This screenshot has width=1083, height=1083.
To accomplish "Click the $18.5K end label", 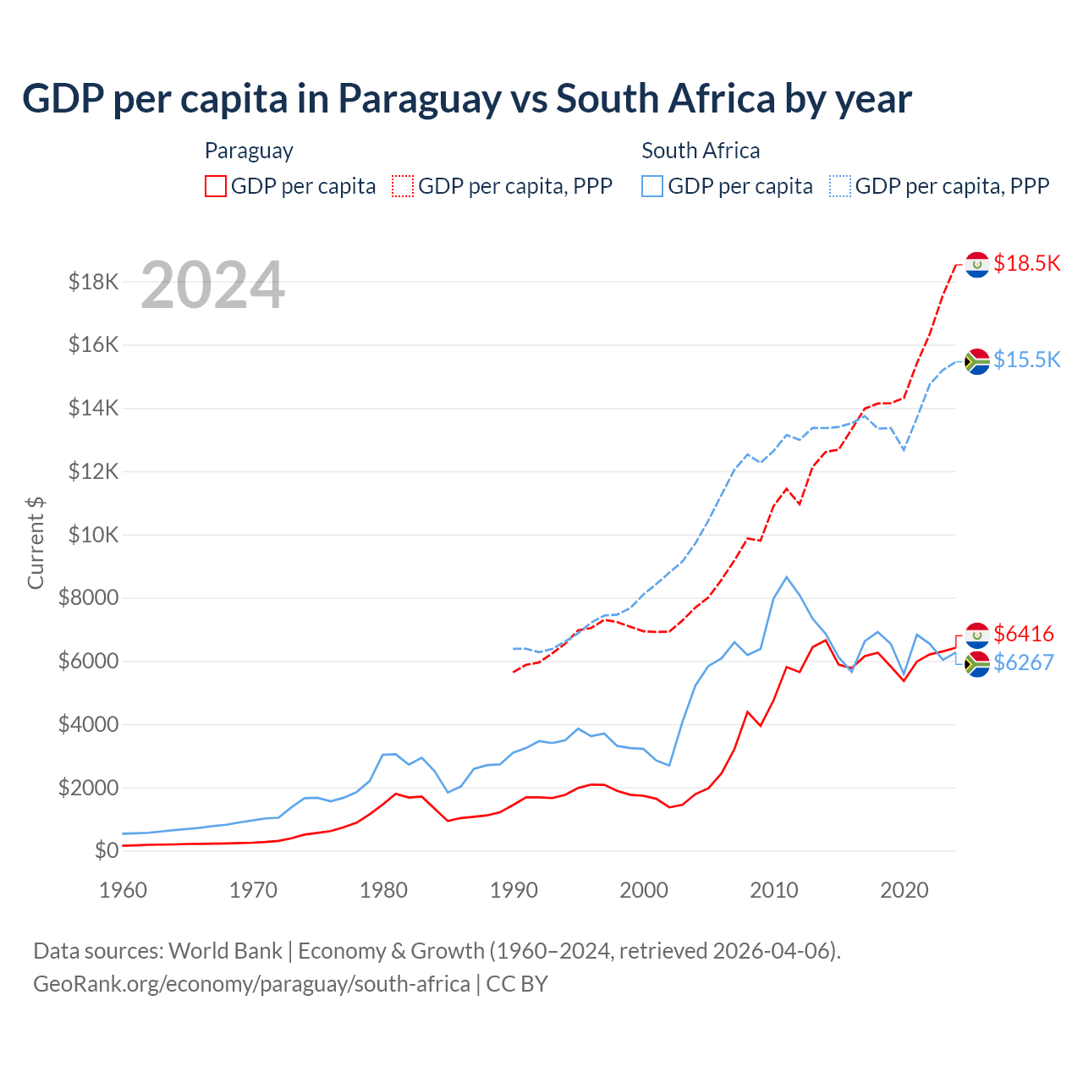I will click(1026, 263).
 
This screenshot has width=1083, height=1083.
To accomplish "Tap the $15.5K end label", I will click(1026, 360).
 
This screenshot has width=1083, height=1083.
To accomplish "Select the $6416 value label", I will click(1023, 634).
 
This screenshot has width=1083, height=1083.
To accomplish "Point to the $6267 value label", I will click(1023, 662).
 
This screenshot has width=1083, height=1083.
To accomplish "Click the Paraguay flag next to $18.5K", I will click(977, 265).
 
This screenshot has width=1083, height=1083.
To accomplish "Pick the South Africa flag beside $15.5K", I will click(977, 361).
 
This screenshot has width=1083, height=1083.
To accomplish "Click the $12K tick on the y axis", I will click(93, 471).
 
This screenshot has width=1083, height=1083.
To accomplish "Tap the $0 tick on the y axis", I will click(106, 850).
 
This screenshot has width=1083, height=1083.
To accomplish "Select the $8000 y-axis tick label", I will click(88, 598).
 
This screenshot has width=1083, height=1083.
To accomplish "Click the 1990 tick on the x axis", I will click(514, 890).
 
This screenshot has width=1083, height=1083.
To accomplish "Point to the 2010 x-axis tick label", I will click(774, 890).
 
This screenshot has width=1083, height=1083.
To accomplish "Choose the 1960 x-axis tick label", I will click(124, 890).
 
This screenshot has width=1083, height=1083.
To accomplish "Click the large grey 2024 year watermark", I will click(212, 285).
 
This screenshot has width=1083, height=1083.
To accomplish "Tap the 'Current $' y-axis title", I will click(36, 542).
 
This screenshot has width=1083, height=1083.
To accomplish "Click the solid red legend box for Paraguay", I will click(216, 186).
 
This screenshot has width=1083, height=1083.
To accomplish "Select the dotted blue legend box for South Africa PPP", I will click(840, 186).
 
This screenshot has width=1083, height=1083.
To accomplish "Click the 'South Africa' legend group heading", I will click(701, 151).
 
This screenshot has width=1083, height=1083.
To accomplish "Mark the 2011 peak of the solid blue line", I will click(787, 577).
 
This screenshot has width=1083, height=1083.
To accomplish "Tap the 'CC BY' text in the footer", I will click(517, 984).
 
